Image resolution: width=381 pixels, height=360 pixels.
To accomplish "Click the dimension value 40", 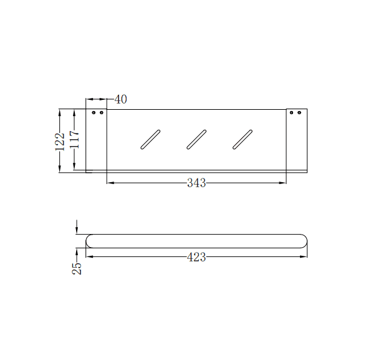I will coord(121,99).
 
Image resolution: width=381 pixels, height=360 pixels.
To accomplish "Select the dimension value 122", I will coord(60,140).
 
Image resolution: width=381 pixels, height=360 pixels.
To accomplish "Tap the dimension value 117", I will coord(74,139).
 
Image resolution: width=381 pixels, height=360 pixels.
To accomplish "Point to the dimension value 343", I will coord(196,183).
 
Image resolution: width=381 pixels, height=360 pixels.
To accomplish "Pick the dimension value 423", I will coord(196,257).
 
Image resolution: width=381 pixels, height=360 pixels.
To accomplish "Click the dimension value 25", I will coord(77,268).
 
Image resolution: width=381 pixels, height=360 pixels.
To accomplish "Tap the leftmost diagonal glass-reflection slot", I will coord(150,139).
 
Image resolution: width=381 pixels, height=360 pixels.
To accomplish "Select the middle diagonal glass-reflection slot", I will coord(196,139).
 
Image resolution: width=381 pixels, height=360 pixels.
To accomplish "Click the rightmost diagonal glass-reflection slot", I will coord(243,139).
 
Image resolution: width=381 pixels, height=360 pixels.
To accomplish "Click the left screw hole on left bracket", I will coord(94,113).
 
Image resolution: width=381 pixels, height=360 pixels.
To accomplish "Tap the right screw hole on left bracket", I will coord(100,113).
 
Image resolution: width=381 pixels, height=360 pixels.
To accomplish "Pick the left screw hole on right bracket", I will coord(292,113).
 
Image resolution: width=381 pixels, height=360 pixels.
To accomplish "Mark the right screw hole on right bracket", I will coord(299,113).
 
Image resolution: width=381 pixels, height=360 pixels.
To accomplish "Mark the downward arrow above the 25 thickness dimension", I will coord(77,230).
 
